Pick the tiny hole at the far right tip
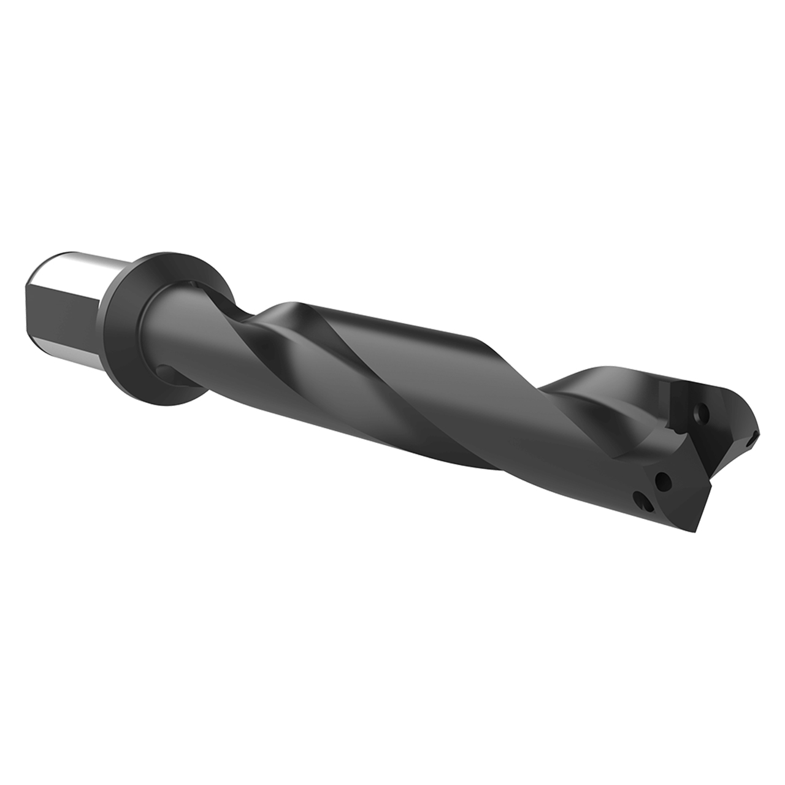point(752,439)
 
